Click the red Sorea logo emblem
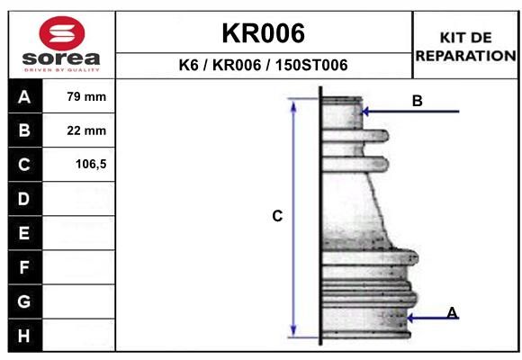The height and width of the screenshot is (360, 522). [x=62, y=33]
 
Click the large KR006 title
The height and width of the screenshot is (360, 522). [x=264, y=33]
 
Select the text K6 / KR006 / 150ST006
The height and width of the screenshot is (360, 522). [x=264, y=65]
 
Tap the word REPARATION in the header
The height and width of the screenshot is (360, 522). [x=465, y=56]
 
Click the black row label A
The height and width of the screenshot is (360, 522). [x=25, y=96]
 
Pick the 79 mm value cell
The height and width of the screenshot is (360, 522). [x=79, y=96]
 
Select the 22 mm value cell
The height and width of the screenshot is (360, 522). [x=79, y=130]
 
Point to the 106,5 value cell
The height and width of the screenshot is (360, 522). [x=79, y=164]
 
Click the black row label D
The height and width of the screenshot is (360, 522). [x=25, y=199]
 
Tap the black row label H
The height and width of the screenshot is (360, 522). [x=25, y=336]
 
